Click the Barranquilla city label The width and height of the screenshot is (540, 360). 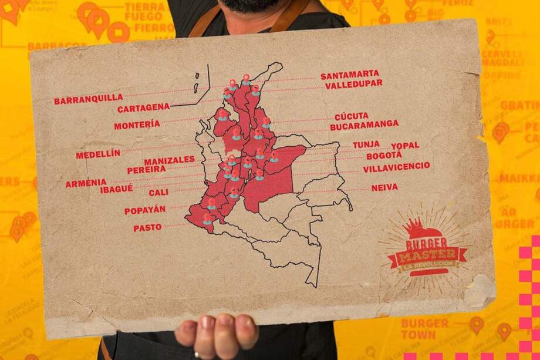89,99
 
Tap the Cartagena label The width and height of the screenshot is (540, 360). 143,108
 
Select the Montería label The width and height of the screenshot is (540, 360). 137,125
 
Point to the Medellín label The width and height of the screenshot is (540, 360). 98,154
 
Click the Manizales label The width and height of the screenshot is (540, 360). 169,160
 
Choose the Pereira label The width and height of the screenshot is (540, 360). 146,170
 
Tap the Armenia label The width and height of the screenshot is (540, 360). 86,183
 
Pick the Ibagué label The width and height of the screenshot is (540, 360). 116,189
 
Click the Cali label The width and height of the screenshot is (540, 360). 158,192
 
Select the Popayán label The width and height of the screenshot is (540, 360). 145,210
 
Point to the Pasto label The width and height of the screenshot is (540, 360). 147,227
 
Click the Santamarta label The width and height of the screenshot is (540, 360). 350,75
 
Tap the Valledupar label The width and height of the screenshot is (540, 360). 353,84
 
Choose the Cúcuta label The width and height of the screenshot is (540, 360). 352,116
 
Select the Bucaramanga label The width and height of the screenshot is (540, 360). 364,125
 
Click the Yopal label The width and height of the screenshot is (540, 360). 405,145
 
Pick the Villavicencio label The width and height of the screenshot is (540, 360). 396,167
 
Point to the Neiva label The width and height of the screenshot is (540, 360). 384,187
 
